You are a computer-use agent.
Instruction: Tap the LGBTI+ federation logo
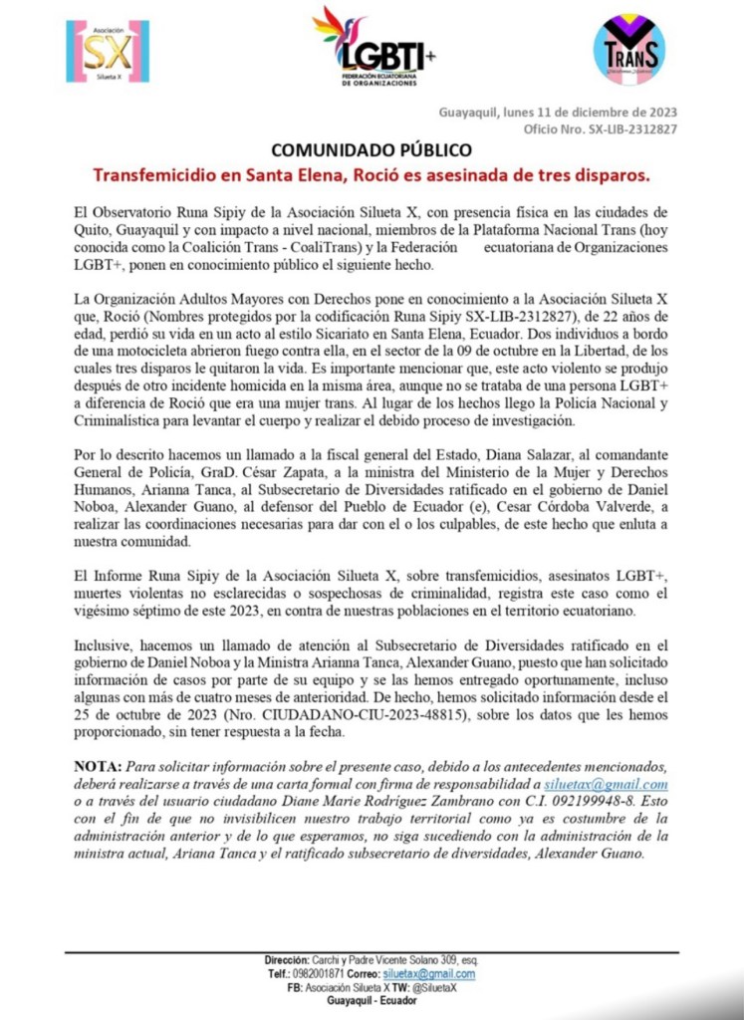coord(374,47)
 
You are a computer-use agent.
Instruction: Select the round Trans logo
coord(628,49)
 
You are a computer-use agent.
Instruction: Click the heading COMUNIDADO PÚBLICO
coord(372,150)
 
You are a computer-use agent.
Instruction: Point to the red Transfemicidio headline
coord(372,175)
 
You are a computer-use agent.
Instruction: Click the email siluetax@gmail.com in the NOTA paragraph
coord(620,785)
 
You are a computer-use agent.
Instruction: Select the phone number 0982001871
coord(324,973)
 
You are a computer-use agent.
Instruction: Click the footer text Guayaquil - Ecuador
coord(372,999)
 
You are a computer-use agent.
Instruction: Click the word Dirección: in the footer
coord(289,959)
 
